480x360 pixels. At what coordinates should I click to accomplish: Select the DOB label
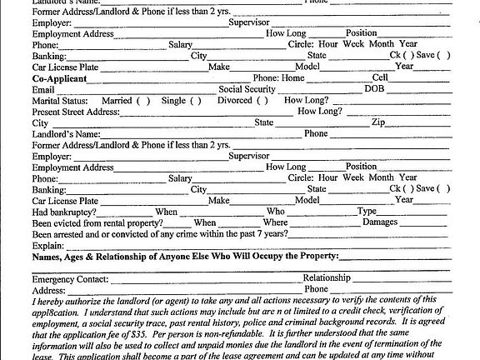375,88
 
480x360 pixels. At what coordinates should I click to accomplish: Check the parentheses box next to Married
142,100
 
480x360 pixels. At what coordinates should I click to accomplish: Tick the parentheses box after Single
195,100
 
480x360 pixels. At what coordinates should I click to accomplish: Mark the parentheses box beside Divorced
262,100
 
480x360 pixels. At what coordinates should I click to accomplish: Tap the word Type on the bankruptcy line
367,212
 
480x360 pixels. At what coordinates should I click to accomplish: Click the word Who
275,212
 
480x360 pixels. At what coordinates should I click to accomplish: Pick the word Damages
379,222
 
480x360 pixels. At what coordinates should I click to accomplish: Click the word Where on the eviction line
275,222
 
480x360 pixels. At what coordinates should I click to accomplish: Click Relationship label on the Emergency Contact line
326,278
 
